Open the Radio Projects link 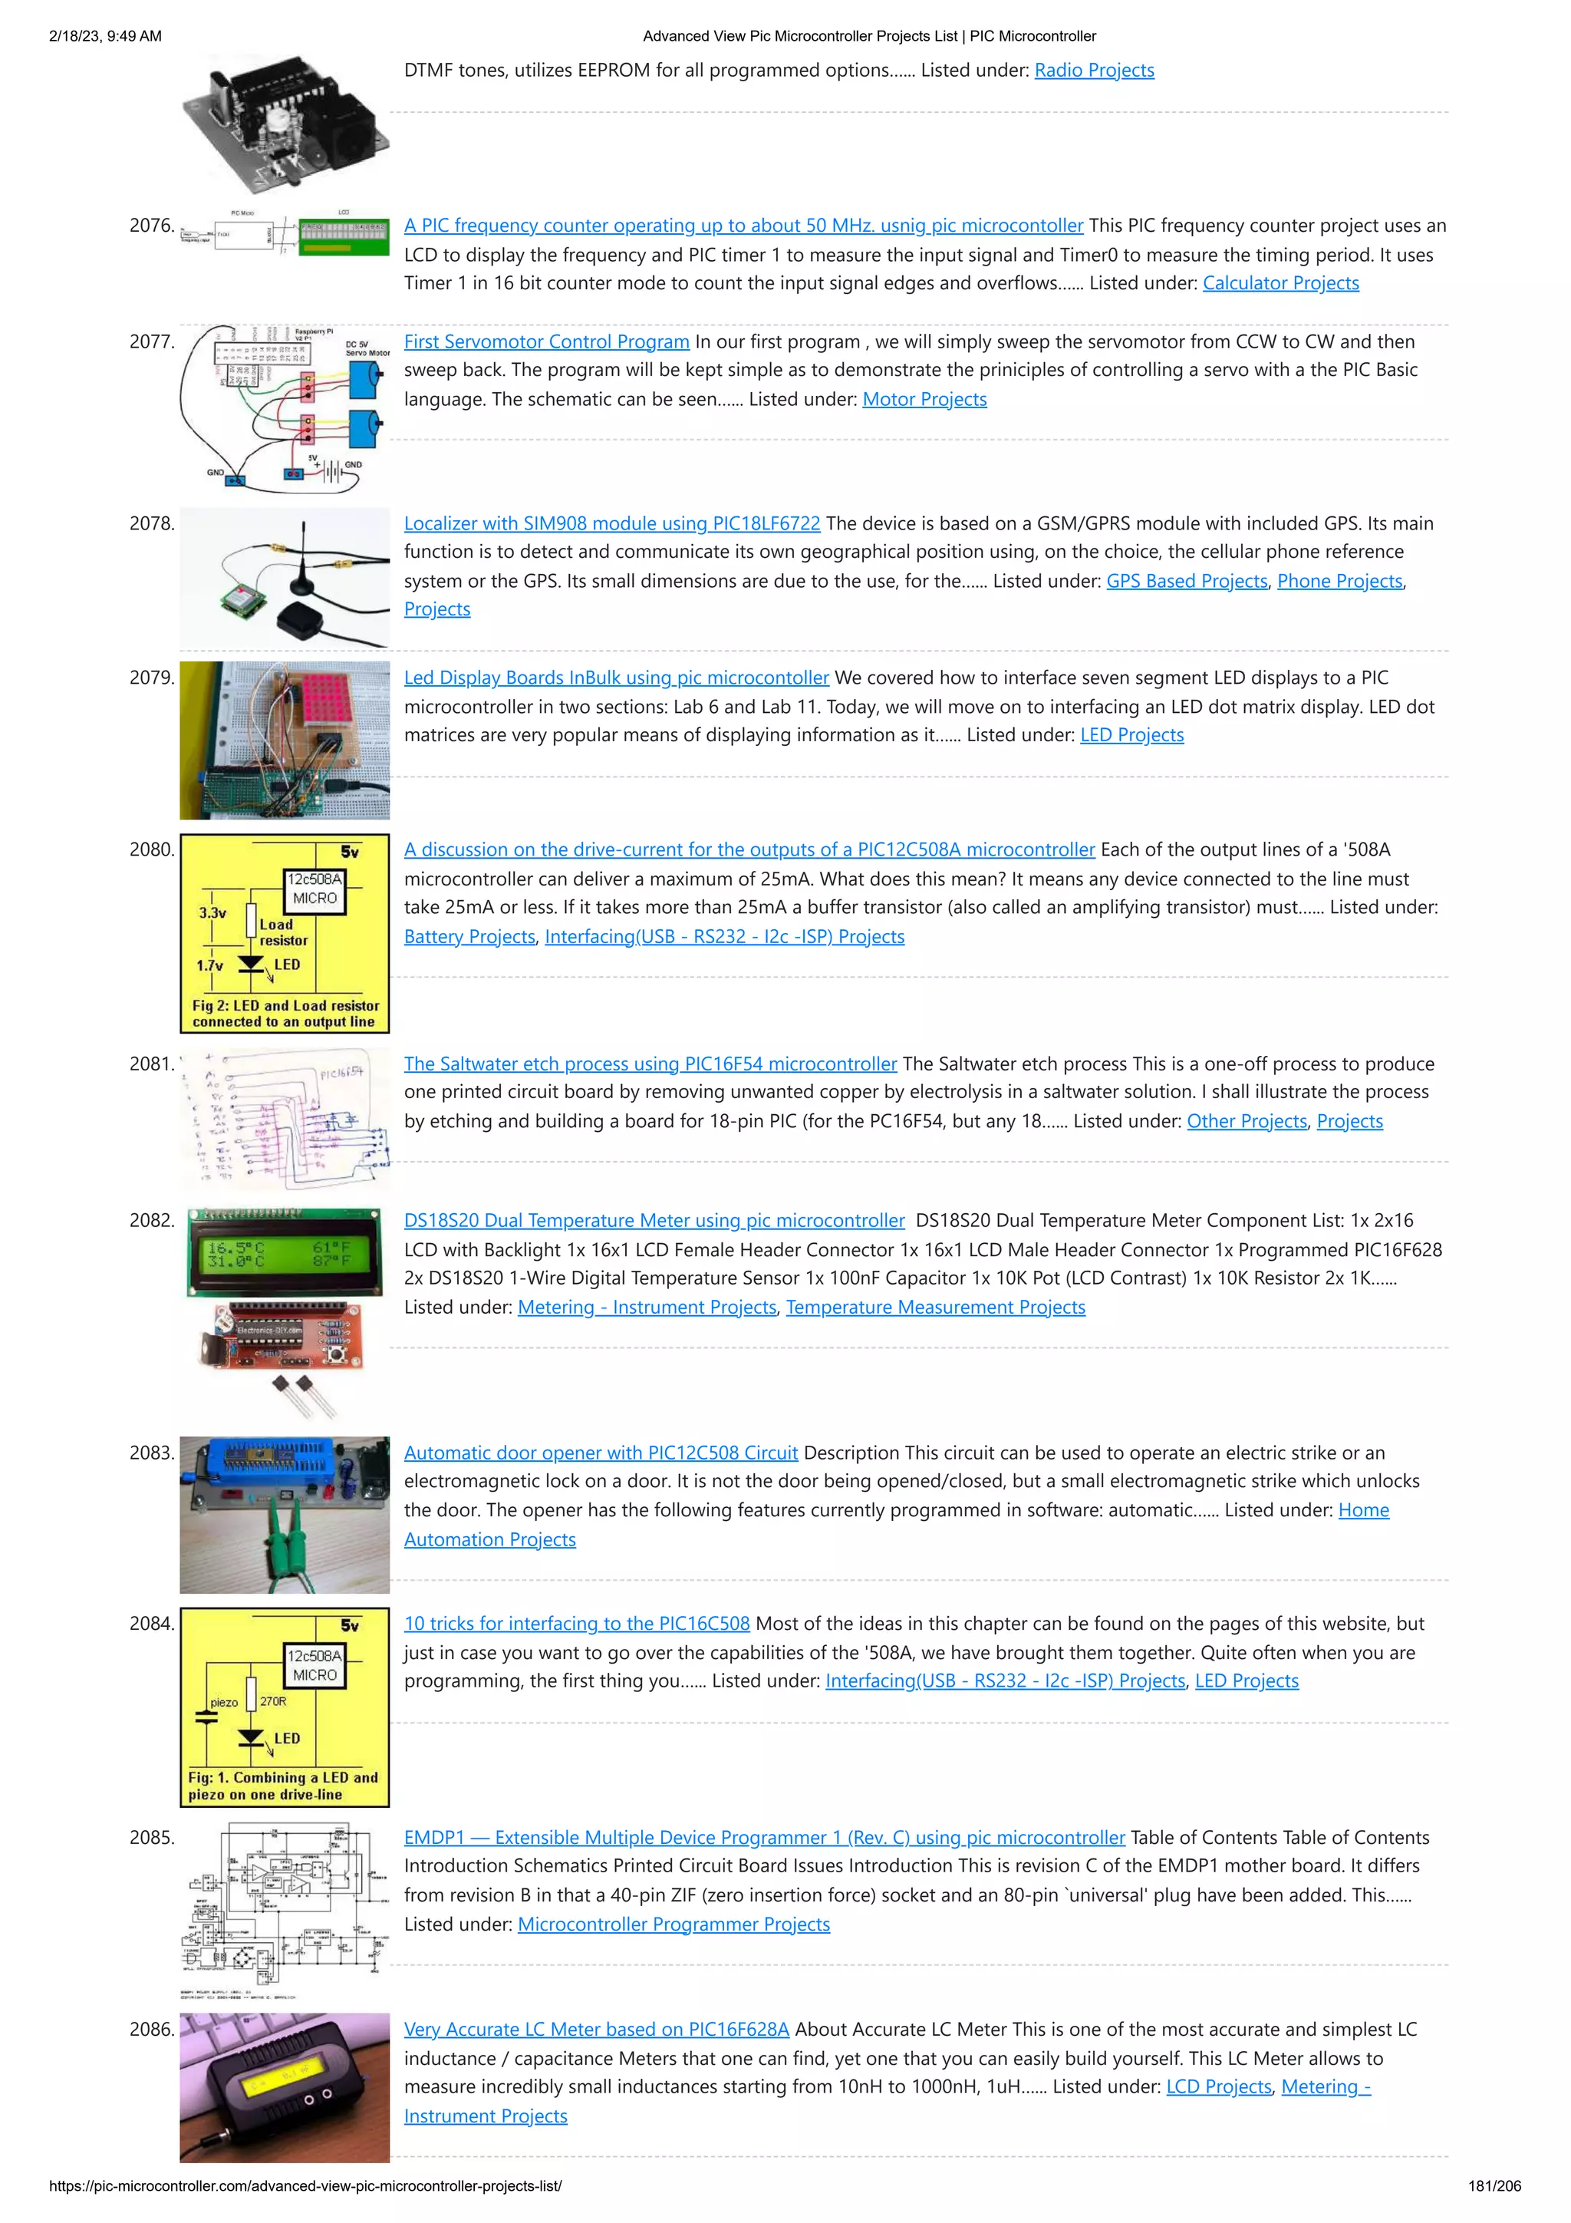click(1094, 71)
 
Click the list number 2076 click(152, 226)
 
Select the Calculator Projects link click(1280, 284)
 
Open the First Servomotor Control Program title click(546, 341)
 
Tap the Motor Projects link click(924, 400)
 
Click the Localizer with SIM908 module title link click(611, 524)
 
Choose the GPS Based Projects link click(1187, 581)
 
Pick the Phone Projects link click(1339, 581)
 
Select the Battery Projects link click(469, 936)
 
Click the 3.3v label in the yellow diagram click(212, 913)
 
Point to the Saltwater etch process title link click(650, 1064)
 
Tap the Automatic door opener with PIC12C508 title click(600, 1453)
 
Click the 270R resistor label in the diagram click(273, 1701)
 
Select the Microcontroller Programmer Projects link click(674, 1924)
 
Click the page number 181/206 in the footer click(1494, 2185)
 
